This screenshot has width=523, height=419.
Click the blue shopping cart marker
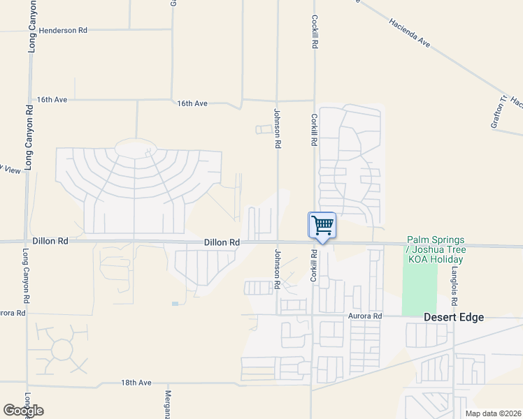tap(322, 226)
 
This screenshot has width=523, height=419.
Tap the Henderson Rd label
tap(63, 31)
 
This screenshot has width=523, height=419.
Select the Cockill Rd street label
tap(315, 31)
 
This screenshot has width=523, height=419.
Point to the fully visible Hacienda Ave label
tap(410, 32)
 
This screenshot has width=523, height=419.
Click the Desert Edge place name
tap(454, 317)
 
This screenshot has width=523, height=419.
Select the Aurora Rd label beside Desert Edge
tap(366, 316)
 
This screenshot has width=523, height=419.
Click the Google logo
tap(23, 411)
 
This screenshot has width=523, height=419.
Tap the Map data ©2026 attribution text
tap(492, 413)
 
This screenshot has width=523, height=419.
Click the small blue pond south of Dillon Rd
tap(174, 303)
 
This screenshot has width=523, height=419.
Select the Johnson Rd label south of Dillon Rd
tap(278, 269)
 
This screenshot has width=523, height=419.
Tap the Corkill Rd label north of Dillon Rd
tap(315, 130)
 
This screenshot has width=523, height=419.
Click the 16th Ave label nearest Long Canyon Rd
tap(52, 100)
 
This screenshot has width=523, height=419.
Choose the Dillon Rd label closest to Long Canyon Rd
tap(53, 241)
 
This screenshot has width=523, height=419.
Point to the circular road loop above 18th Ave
tap(62, 348)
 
